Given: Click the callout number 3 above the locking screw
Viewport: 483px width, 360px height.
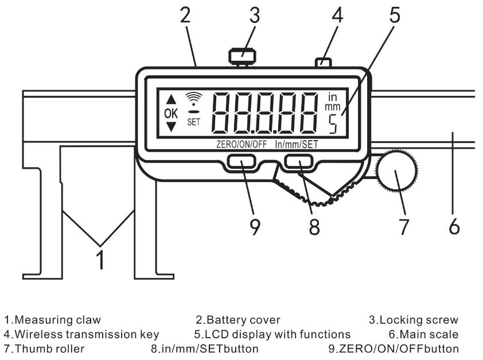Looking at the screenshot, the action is coord(255,16).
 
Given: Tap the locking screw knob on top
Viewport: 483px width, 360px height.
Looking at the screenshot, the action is coord(242,56).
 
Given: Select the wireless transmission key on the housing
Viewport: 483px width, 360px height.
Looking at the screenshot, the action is coord(323,62).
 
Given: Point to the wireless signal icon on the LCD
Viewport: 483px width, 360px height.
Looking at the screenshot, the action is coord(194,99).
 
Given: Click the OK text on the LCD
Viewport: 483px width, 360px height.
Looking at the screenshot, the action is coord(171,114).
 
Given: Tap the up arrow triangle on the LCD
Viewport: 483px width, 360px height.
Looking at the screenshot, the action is coord(171,99).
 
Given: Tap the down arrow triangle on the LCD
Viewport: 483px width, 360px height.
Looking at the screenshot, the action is coord(171,127).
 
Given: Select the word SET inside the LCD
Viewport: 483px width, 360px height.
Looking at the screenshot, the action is coord(194,122).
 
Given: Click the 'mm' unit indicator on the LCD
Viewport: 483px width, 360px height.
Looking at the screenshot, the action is coord(333,107).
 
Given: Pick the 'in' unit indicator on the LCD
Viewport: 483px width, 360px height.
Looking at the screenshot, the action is coord(332,97).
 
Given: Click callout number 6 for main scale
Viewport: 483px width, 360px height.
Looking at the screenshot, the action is coord(454,227).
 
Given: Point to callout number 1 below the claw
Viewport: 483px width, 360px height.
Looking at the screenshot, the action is coord(100,260).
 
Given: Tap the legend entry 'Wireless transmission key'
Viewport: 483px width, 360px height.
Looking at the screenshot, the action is coord(81,334).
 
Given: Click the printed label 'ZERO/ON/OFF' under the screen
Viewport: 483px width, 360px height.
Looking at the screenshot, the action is coord(242,144).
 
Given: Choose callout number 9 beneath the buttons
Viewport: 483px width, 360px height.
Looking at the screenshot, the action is coord(255,227).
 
